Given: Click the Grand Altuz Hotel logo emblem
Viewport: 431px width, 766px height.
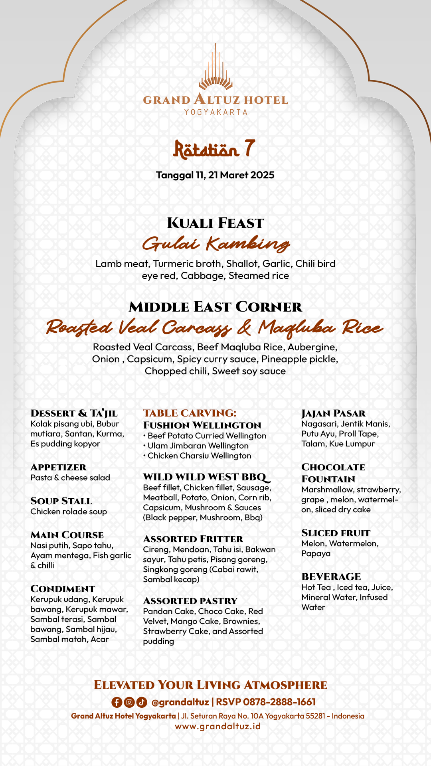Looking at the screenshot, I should [215, 68].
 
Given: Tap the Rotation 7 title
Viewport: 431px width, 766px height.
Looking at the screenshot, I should [214, 149].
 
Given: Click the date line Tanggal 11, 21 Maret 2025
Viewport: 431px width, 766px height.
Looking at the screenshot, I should [215, 175].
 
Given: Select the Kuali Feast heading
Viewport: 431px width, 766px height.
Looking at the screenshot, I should [215, 223].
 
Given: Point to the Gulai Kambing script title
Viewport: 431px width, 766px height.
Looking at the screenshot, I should [215, 244].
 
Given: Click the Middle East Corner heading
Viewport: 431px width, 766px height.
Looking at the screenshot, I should [215, 307].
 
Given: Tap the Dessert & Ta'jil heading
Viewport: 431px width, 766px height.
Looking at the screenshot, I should [74, 413].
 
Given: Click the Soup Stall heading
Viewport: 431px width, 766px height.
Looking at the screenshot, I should [61, 501].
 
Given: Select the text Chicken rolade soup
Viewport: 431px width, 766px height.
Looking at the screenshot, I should [69, 511].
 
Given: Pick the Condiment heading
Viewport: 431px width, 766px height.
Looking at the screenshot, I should [63, 589].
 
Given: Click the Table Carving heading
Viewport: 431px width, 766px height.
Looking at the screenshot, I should [190, 413].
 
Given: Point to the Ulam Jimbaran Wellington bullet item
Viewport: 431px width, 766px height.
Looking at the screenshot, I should [198, 446].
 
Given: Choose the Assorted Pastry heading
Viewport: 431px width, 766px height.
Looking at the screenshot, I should [190, 601].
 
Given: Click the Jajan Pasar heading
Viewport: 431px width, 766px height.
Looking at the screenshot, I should [334, 413].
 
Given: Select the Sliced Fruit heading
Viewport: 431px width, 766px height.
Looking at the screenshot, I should [336, 533].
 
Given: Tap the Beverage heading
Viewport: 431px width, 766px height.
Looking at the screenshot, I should [331, 577].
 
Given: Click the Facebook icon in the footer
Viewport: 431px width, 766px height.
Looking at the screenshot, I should [117, 702].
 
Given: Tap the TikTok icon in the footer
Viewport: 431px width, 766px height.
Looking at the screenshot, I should [142, 702].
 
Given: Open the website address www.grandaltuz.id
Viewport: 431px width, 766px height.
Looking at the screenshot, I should [218, 726].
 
